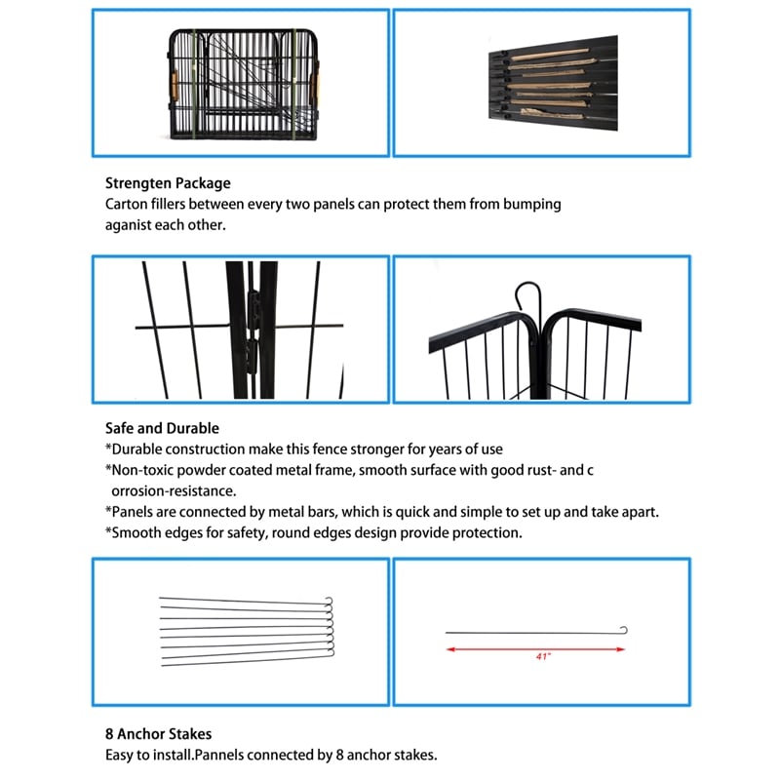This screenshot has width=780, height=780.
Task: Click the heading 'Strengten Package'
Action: coord(168,182)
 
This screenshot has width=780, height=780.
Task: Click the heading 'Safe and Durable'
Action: coord(162,428)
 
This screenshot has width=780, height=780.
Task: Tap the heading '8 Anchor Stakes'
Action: coord(158,733)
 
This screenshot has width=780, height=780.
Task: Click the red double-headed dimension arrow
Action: coord(535,648)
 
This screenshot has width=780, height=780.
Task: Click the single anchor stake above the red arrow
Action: coord(535,632)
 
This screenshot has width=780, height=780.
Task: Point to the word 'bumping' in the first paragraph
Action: coord(534,205)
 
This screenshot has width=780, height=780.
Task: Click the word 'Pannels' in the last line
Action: coord(218,756)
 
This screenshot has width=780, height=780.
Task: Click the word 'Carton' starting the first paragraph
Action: coord(126,205)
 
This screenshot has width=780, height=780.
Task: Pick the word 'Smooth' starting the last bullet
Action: coord(140,533)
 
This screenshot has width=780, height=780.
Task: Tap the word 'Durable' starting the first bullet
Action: coord(140,449)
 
